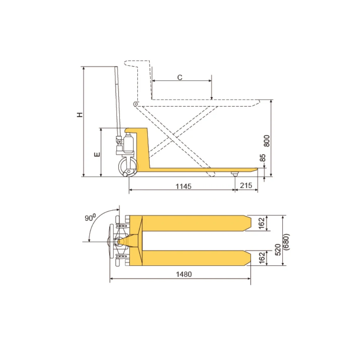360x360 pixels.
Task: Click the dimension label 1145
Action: pos(184,186)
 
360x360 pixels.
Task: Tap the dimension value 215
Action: pos(246,185)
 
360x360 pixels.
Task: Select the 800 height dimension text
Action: pos(267,141)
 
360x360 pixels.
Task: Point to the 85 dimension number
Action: pos(263,158)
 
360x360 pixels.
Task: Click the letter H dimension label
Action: pos(80,115)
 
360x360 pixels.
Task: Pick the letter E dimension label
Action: pos(97,154)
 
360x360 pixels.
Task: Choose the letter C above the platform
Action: pos(180,78)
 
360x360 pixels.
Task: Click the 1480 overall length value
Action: pos(184,274)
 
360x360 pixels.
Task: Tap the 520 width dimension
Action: pos(278,250)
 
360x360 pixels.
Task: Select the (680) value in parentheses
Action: pos(286,242)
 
